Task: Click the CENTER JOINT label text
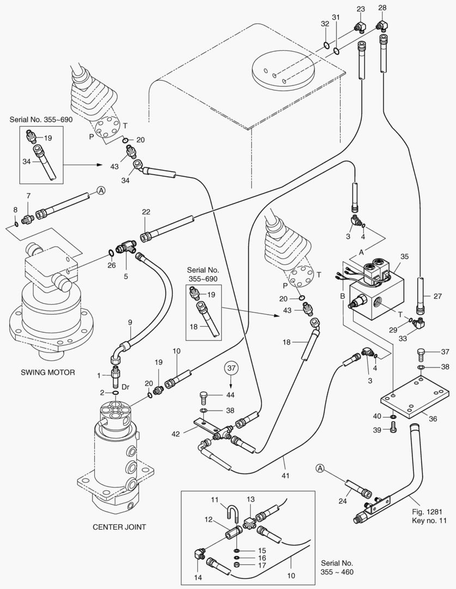click(x=119, y=527)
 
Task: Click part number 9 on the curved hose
click(x=130, y=322)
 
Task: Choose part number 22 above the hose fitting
click(x=146, y=212)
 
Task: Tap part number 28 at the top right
click(x=382, y=8)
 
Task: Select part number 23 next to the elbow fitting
click(x=361, y=9)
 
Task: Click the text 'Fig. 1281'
click(x=427, y=511)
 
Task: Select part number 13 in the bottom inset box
click(x=251, y=500)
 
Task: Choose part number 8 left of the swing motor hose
click(x=15, y=209)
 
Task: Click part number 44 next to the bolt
click(x=230, y=394)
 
